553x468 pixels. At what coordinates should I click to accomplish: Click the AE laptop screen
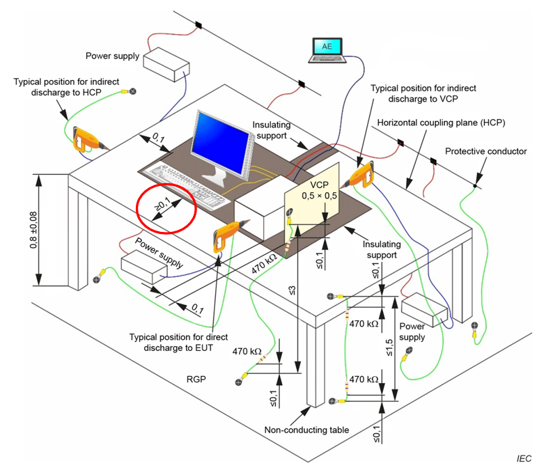coord(327,47)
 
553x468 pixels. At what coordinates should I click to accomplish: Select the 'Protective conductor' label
coord(486,151)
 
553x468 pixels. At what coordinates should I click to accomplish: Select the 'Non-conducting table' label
coord(308,430)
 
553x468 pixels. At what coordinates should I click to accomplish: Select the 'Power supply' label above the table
coord(113,56)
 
